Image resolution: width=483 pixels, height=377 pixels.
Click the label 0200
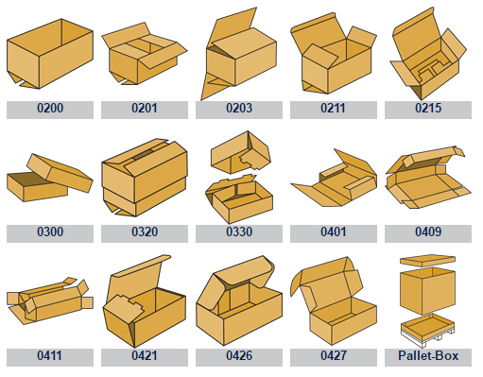coord(50,108)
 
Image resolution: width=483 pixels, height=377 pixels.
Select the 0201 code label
coord(145,108)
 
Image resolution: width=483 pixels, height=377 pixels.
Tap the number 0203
coord(239,108)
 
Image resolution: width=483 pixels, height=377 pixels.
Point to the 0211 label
coord(334,108)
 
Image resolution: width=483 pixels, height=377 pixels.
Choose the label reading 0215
coord(428,108)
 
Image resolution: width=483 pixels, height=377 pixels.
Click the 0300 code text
coord(50,231)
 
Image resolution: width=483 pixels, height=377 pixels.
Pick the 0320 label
coord(145,231)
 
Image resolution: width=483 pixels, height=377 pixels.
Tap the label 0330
coord(239,231)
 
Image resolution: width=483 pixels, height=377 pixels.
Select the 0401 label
coord(334,231)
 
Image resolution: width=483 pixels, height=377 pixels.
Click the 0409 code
coord(428,231)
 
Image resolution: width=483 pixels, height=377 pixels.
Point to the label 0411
coord(49,355)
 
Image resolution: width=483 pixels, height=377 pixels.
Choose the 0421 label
coord(145,355)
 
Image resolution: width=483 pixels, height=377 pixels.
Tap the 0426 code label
coord(239,355)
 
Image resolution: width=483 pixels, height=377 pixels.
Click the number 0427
coord(334,355)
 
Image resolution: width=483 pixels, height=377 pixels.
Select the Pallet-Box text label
coord(428,355)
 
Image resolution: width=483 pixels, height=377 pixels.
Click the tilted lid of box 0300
coord(60,173)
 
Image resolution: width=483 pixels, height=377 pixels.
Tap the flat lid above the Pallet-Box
coord(427,261)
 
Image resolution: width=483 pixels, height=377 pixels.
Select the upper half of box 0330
coord(240,152)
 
